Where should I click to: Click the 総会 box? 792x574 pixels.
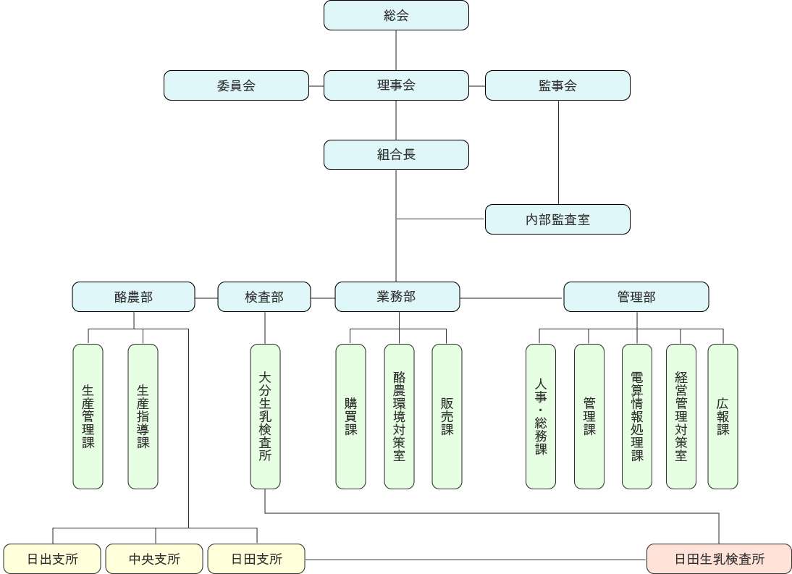point(396,15)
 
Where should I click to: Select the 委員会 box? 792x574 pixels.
point(236,85)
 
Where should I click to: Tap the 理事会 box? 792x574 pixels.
point(396,85)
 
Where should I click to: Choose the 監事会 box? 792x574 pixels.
point(557,85)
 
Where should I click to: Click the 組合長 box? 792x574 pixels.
point(396,155)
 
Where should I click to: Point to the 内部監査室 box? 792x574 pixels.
point(557,219)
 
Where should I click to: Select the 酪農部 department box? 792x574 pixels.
point(134,297)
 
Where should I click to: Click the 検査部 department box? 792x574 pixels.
point(264,297)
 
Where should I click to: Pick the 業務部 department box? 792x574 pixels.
point(397,297)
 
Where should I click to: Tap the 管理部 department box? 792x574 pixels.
point(636,297)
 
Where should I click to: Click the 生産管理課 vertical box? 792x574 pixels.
point(88,416)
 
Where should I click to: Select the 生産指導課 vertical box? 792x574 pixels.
point(143,416)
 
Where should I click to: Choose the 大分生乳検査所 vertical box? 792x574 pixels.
point(265,416)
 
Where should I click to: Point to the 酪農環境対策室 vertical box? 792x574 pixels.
point(399,416)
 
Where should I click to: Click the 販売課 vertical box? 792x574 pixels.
point(447,416)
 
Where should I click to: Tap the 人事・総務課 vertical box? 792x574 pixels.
point(541,416)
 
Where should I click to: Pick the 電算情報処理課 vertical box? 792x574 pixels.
point(637,416)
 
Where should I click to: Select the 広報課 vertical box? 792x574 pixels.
point(723,416)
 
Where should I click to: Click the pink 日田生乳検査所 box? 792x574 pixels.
point(719,559)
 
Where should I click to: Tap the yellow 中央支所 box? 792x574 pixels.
point(154,559)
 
